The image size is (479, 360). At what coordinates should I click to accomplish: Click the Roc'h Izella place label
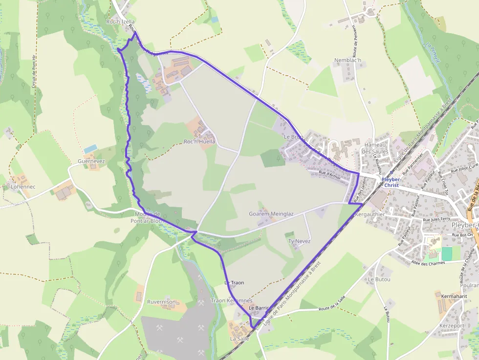[x=120, y=22]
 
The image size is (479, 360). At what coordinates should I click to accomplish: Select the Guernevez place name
[x=91, y=161]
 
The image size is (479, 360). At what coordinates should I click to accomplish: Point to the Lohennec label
[x=23, y=187]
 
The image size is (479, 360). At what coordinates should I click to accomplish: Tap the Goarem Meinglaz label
[x=271, y=214]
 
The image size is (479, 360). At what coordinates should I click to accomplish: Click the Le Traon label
[x=234, y=283]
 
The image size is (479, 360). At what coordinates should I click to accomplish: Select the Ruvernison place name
[x=161, y=302]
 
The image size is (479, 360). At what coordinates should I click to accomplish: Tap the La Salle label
[x=239, y=338]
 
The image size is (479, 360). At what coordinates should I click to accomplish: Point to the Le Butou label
[x=379, y=279]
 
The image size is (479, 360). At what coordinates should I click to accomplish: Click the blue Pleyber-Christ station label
[x=392, y=183]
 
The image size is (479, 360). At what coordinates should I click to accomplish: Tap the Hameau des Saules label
[x=375, y=148]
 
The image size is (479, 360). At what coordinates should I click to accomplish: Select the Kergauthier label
[x=370, y=214]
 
